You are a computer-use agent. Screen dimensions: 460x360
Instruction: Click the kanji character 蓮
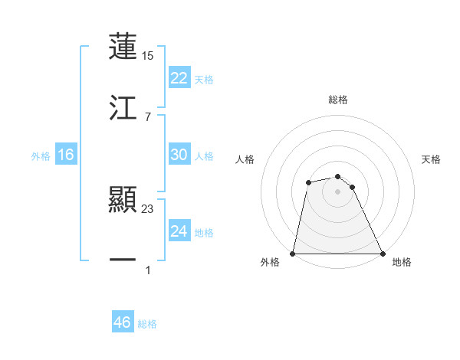[x=123, y=46]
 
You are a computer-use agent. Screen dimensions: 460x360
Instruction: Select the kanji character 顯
[x=123, y=201]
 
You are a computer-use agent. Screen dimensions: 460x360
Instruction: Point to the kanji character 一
[x=123, y=260]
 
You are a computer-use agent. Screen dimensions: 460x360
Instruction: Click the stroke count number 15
[x=148, y=56]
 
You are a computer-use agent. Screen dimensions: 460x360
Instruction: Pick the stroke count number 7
[x=147, y=116]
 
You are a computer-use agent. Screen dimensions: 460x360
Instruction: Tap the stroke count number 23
[x=148, y=209]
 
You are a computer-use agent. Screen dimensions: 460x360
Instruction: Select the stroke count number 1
[x=148, y=270]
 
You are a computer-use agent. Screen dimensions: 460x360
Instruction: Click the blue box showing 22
[x=179, y=78]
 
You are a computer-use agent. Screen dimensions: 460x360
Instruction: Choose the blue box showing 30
[x=179, y=155]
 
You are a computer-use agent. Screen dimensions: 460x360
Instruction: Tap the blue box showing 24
[x=179, y=231]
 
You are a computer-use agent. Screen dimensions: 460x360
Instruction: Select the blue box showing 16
[x=66, y=155]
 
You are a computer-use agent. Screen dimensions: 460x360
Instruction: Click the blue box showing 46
[x=123, y=322]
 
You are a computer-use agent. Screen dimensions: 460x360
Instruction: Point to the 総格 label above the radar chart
[x=338, y=100]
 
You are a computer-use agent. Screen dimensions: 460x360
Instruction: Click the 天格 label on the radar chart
[x=432, y=159]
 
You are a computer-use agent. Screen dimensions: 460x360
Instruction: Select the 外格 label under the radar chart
[x=270, y=263]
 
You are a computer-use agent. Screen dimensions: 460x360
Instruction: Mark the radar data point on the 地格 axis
[x=382, y=253]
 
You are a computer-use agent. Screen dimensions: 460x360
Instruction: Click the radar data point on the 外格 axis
[x=293, y=253]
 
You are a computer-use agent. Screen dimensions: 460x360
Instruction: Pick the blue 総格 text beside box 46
[x=147, y=324]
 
